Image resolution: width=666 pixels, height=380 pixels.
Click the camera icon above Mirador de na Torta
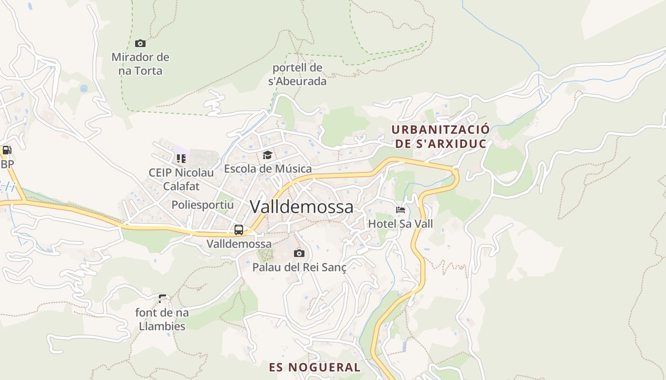pyautogui.click(x=140, y=43)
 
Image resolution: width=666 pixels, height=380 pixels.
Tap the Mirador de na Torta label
pyautogui.click(x=140, y=64)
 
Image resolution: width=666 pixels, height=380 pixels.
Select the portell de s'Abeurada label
pyautogui.click(x=297, y=74)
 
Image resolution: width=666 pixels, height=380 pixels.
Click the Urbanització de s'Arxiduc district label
pyautogui.click(x=440, y=136)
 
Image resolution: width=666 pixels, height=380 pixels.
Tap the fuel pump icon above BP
pyautogui.click(x=7, y=150)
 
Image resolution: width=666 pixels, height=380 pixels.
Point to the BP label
pyautogui.click(x=7, y=164)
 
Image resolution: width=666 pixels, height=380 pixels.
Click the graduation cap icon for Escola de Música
pyautogui.click(x=267, y=155)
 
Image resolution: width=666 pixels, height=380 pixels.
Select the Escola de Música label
pyautogui.click(x=268, y=169)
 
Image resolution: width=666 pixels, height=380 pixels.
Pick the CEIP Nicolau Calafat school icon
pyautogui.click(x=181, y=158)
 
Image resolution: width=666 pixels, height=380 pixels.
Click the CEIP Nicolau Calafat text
pyautogui.click(x=181, y=179)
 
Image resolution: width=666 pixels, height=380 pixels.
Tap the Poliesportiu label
pyautogui.click(x=203, y=205)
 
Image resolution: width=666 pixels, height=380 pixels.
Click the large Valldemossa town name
pyautogui.click(x=302, y=207)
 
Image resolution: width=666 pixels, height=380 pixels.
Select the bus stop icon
pyautogui.click(x=239, y=230)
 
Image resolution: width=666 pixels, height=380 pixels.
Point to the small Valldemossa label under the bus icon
pyautogui.click(x=239, y=244)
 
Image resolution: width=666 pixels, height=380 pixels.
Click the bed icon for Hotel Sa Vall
pyautogui.click(x=401, y=209)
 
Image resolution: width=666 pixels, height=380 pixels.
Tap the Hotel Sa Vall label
pyautogui.click(x=401, y=223)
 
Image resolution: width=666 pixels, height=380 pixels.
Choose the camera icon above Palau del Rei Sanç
pyautogui.click(x=299, y=253)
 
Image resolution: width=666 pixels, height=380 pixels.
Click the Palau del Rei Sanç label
pyautogui.click(x=299, y=267)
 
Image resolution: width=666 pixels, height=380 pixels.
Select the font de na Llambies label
pyautogui.click(x=162, y=319)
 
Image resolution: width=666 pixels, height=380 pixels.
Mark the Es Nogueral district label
pyautogui.click(x=314, y=367)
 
